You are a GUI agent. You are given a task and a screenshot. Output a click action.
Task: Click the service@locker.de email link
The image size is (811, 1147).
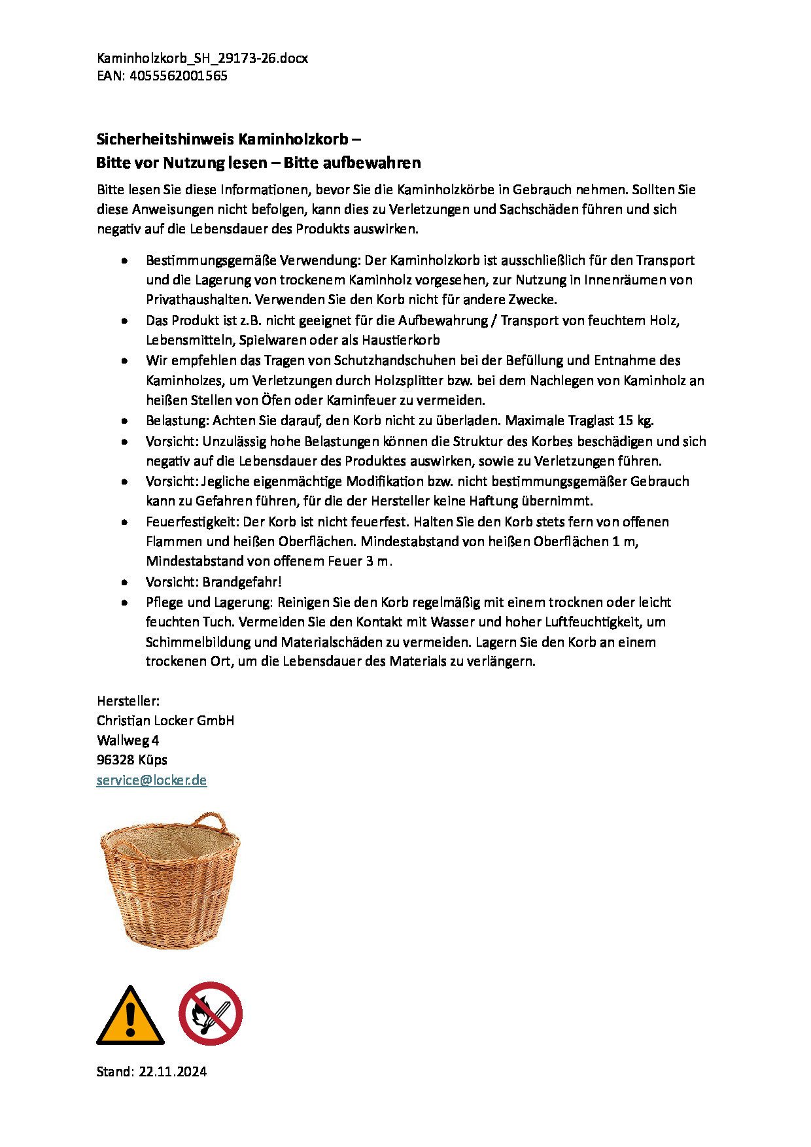pyautogui.click(x=152, y=780)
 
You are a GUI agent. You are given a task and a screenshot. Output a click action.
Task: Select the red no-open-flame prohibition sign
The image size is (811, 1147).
pyautogui.click(x=211, y=1013)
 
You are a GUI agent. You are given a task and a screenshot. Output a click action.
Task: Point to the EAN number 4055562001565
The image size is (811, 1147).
pyautogui.click(x=179, y=76)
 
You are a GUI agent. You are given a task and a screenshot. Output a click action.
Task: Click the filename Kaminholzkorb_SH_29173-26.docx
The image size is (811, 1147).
pyautogui.click(x=202, y=58)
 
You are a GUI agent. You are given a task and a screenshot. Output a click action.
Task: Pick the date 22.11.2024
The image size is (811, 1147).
pyautogui.click(x=173, y=1072)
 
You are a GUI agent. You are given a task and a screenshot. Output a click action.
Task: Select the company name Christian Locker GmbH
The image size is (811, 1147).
pyautogui.click(x=165, y=721)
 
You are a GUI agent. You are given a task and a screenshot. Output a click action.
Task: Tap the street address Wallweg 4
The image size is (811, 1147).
pyautogui.click(x=128, y=740)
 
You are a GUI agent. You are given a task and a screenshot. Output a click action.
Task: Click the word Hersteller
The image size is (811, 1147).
pyautogui.click(x=128, y=701)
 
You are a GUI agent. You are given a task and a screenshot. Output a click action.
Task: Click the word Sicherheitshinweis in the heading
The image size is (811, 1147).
pyautogui.click(x=165, y=139)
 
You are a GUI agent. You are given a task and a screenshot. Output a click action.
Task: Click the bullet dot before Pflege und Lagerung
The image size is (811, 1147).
pyautogui.click(x=124, y=602)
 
